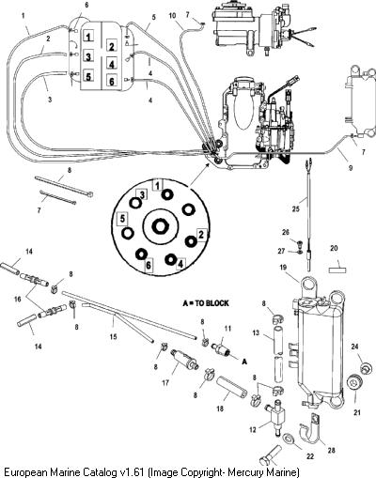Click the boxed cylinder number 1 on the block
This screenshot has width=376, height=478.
coord(88,37)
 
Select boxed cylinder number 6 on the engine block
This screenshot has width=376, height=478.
coord(112,81)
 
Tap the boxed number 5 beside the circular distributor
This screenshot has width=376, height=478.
coord(122,218)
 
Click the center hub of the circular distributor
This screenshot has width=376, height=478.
coord(160,226)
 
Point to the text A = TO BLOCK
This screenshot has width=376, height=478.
coord(206,303)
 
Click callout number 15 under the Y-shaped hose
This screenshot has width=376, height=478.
coord(113,336)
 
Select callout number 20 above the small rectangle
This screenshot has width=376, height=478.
coord(334,248)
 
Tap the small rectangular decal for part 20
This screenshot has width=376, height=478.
coord(337,270)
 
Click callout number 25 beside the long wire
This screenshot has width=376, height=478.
coord(296,208)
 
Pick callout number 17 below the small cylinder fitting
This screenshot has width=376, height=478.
coord(165,382)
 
